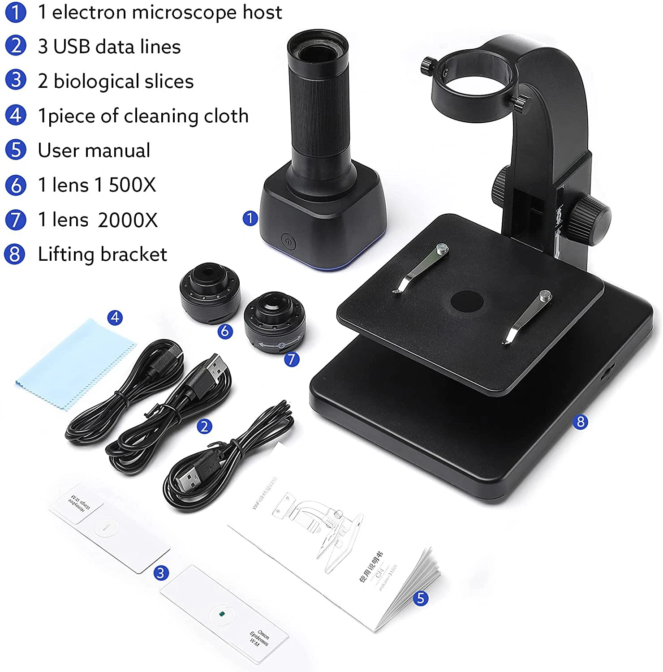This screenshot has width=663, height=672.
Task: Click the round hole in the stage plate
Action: (466, 301)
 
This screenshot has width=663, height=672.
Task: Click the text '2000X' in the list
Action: (128, 220)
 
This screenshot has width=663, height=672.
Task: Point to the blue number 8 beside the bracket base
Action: (580, 422)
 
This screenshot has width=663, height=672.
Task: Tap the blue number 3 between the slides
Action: (161, 573)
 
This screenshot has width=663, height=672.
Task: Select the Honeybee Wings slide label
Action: (79, 503)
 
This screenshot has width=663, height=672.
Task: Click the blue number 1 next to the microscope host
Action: (250, 219)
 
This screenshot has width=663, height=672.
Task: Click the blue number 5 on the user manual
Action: (420, 598)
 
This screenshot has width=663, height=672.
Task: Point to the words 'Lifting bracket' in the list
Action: (102, 254)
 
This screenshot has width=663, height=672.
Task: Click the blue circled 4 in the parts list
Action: (16, 116)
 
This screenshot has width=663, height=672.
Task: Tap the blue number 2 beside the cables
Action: (204, 426)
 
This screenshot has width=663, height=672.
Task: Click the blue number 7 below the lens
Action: (292, 359)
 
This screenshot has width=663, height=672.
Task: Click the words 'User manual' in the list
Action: (94, 151)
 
